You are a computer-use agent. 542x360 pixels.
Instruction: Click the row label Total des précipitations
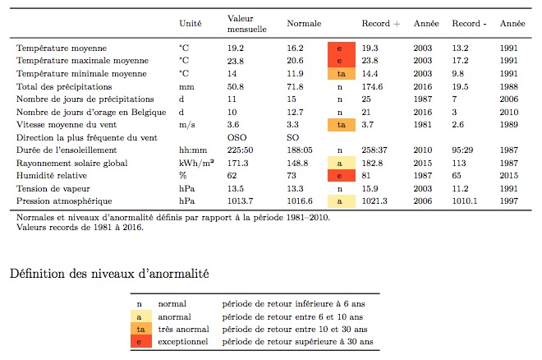tap(64, 86)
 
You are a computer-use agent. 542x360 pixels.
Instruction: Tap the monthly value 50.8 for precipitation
tap(237, 86)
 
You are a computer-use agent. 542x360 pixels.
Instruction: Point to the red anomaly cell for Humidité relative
tap(338, 176)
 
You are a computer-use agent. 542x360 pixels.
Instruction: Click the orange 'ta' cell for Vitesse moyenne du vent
tap(338, 124)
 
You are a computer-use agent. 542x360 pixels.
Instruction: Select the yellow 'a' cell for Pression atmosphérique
tap(338, 201)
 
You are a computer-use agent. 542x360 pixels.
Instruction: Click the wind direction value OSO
tap(237, 137)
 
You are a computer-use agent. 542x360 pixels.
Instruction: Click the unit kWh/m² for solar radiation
tap(196, 164)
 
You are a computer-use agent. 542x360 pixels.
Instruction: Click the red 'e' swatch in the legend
tap(139, 341)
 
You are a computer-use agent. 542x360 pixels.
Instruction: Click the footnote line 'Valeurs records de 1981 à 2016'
tap(80, 228)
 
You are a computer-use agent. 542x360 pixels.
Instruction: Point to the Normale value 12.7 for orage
tap(296, 112)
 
